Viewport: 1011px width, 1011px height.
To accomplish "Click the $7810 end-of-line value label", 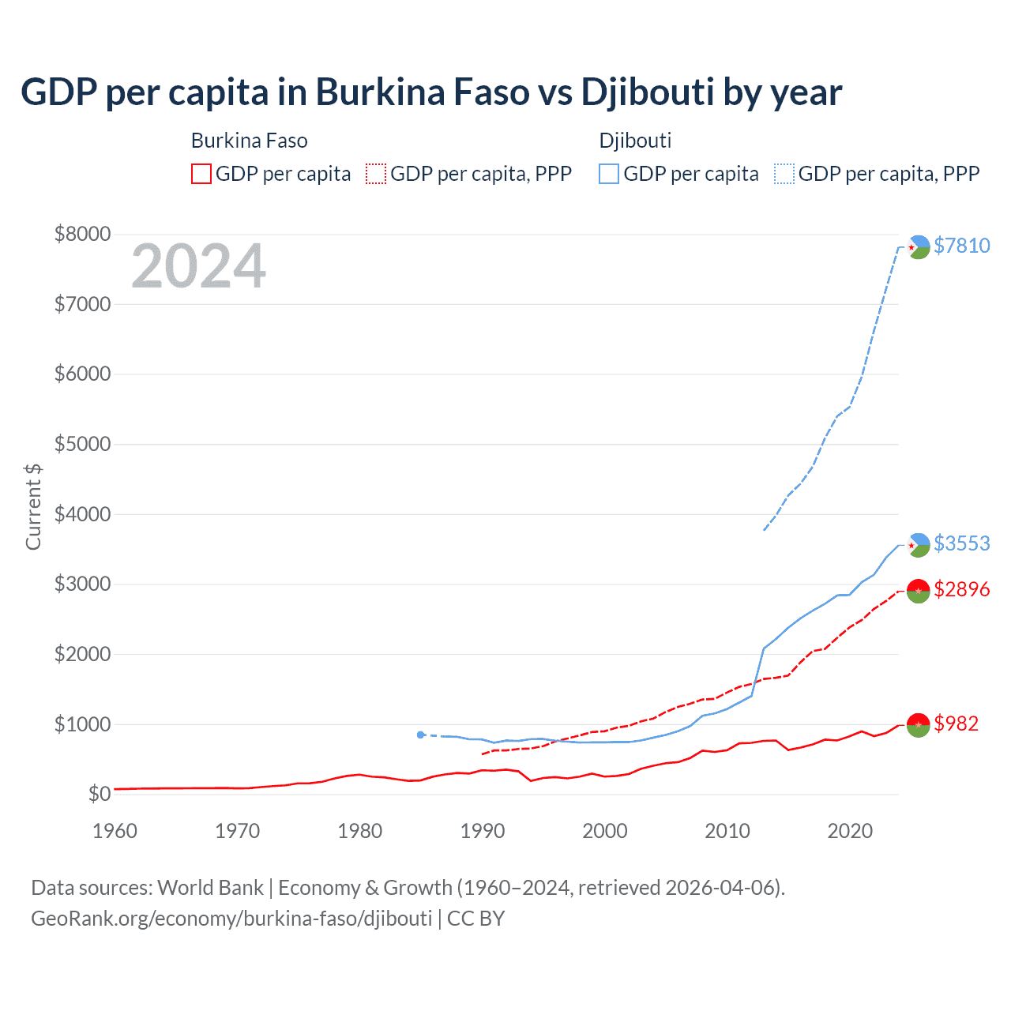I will pos(961,246).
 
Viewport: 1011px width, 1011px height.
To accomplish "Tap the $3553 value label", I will pos(961,543).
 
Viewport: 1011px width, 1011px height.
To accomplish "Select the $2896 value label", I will pos(961,589).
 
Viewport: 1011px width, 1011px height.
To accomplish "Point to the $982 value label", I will pos(956,723).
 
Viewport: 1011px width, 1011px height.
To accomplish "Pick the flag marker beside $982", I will pos(919,723).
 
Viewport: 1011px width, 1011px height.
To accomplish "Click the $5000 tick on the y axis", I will pos(82,444).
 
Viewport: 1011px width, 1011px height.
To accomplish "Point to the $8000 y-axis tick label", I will pos(82,234).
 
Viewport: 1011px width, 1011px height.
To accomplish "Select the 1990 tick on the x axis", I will pos(483,831).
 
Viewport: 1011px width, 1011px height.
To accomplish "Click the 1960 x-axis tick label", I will pos(115,831).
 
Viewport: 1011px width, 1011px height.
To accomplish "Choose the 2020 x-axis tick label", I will pos(850,831).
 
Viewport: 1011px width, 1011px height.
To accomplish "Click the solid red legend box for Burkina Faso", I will pos(201,174).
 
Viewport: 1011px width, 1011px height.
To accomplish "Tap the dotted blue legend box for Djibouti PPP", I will pos(784,174).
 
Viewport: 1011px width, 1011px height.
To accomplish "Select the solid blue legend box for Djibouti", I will pos(609,174).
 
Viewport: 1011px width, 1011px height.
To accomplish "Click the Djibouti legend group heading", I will pos(635,141).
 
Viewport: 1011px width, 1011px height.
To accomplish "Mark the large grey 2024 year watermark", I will pos(198,266).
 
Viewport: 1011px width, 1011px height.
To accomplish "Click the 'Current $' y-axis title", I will pos(33,506).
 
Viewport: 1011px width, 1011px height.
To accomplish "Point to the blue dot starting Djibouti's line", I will pos(421,735).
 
